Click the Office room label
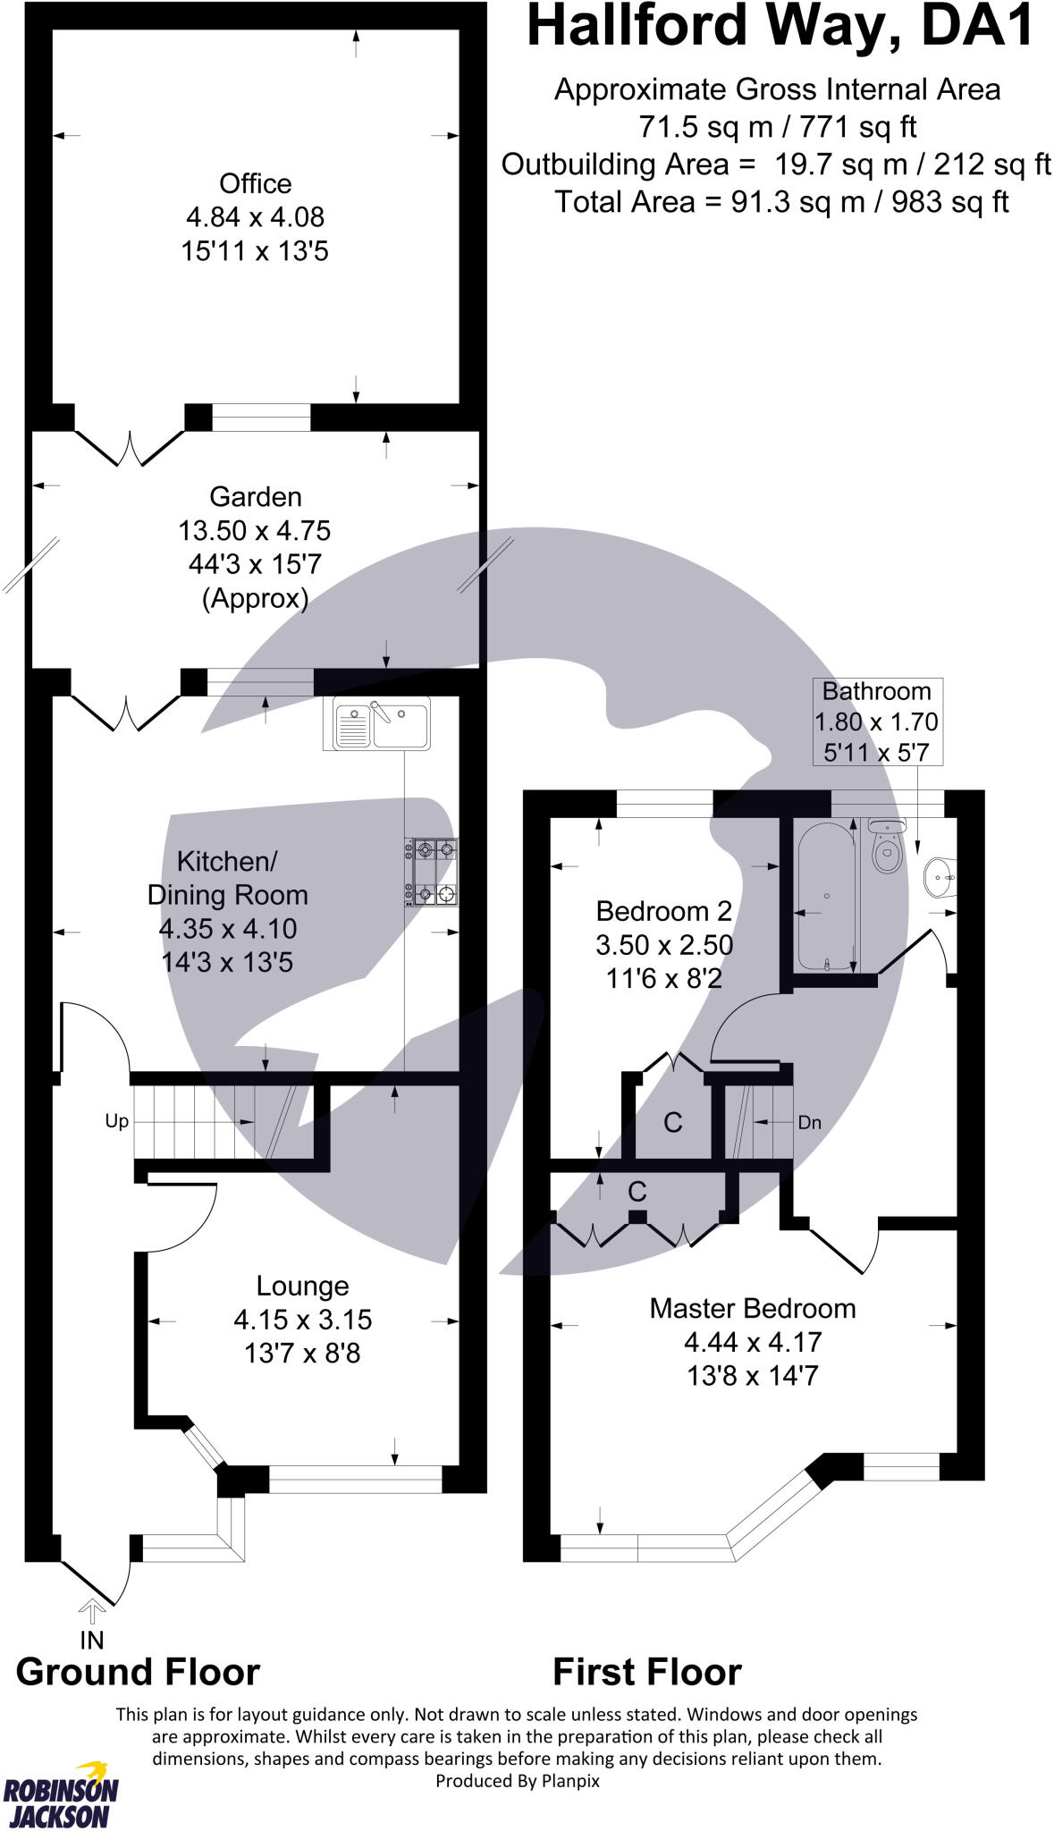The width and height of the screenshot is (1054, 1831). pyautogui.click(x=255, y=183)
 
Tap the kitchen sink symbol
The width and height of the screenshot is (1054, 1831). pyautogui.click(x=382, y=723)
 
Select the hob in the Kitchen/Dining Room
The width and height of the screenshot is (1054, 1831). pyautogui.click(x=432, y=871)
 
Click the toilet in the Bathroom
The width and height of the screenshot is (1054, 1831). pyautogui.click(x=886, y=848)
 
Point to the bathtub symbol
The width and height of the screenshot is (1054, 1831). pyautogui.click(x=827, y=897)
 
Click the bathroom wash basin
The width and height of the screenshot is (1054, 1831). pyautogui.click(x=940, y=876)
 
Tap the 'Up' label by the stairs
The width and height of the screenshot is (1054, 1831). pyautogui.click(x=117, y=1121)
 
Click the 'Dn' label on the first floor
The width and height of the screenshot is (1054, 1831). pyautogui.click(x=809, y=1122)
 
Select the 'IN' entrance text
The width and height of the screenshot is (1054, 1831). pyautogui.click(x=92, y=1640)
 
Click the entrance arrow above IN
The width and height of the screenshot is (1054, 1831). pyautogui.click(x=92, y=1611)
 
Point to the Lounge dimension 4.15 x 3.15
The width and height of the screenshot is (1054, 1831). pyautogui.click(x=302, y=1320)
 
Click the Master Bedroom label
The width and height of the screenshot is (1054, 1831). pyautogui.click(x=752, y=1308)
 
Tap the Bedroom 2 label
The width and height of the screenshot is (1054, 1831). pyautogui.click(x=663, y=911)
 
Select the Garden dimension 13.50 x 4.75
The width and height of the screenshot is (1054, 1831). pyautogui.click(x=255, y=530)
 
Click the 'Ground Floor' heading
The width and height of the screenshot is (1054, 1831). pyautogui.click(x=138, y=1671)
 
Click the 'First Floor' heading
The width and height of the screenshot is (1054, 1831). pyautogui.click(x=647, y=1671)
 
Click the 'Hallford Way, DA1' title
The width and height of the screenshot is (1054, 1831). pyautogui.click(x=780, y=27)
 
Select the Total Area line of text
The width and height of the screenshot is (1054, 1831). pyautogui.click(x=781, y=202)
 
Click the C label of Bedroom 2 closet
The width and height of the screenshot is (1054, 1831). pyautogui.click(x=672, y=1122)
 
